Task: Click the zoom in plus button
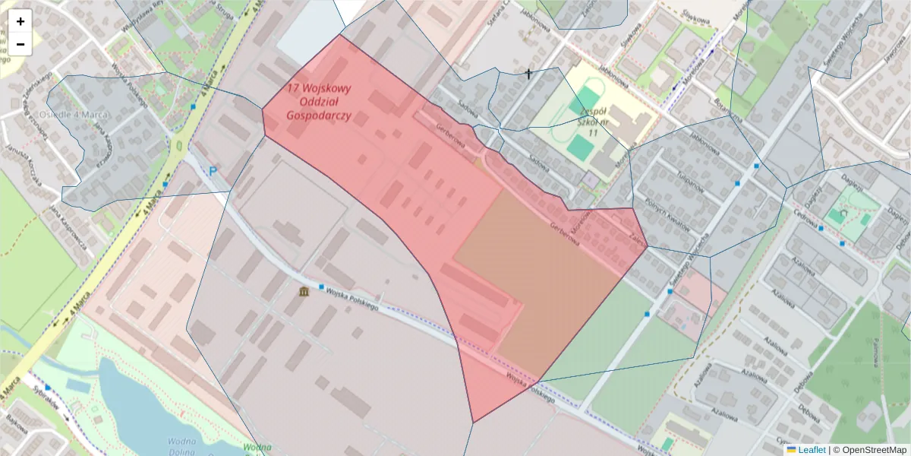[x=20, y=21]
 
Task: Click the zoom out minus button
[x=20, y=44]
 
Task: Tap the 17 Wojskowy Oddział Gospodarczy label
[x=318, y=102]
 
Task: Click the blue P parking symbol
[x=213, y=173]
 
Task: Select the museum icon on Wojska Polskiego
[x=304, y=292]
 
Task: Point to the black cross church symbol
[x=528, y=74]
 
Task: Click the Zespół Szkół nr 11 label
[x=593, y=122]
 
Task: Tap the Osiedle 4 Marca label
[x=74, y=114]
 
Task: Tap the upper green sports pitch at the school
[x=587, y=100]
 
